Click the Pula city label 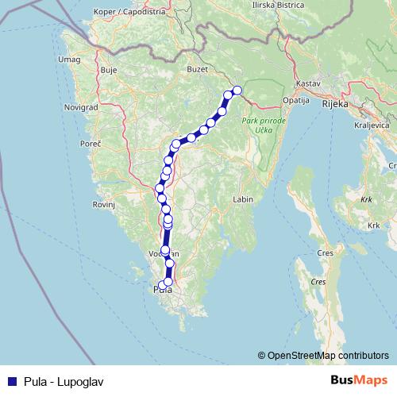162,291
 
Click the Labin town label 242,199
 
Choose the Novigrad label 80,106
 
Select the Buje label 109,70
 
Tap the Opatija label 296,101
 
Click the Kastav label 306,83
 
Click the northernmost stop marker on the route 237,90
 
